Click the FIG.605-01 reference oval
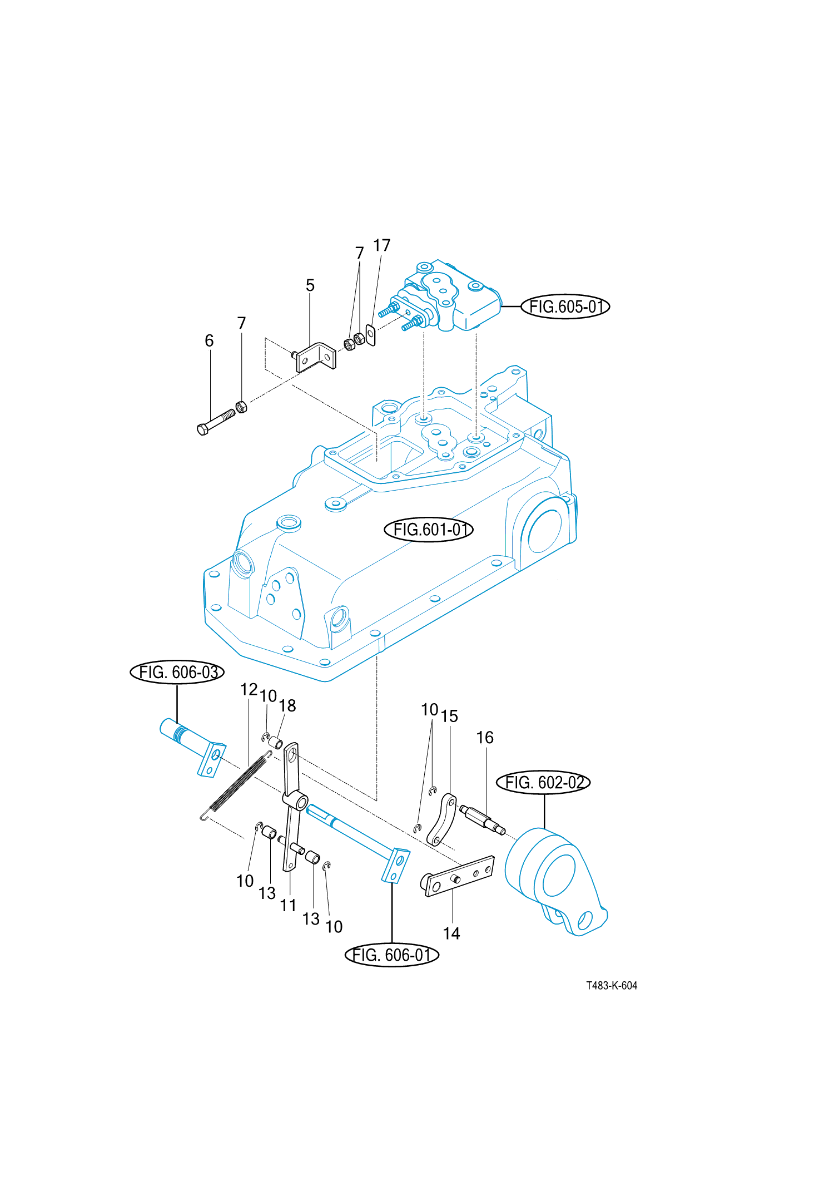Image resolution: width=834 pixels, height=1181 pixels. pyautogui.click(x=565, y=307)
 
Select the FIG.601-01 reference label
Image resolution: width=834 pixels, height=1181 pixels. pyautogui.click(x=428, y=530)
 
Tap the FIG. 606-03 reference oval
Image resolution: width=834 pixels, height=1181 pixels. pyautogui.click(x=177, y=672)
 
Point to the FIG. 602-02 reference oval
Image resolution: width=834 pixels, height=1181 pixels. pyautogui.click(x=543, y=783)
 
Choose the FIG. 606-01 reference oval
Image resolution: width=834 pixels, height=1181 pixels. pyautogui.click(x=392, y=955)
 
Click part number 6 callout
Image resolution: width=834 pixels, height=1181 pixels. pyautogui.click(x=209, y=340)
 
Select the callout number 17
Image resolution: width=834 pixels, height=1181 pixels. pyautogui.click(x=381, y=245)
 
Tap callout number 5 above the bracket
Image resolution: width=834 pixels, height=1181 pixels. pyautogui.click(x=310, y=285)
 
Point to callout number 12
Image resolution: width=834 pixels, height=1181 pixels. pyautogui.click(x=249, y=690)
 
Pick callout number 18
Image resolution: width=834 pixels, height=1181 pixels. pyautogui.click(x=287, y=706)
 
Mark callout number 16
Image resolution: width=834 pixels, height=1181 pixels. pyautogui.click(x=485, y=738)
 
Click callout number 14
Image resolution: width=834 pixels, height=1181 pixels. pyautogui.click(x=451, y=933)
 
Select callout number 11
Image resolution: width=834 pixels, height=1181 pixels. pyautogui.click(x=288, y=906)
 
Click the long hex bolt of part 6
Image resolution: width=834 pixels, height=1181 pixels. pyautogui.click(x=216, y=421)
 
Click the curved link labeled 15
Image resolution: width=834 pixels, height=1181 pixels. pyautogui.click(x=442, y=819)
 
